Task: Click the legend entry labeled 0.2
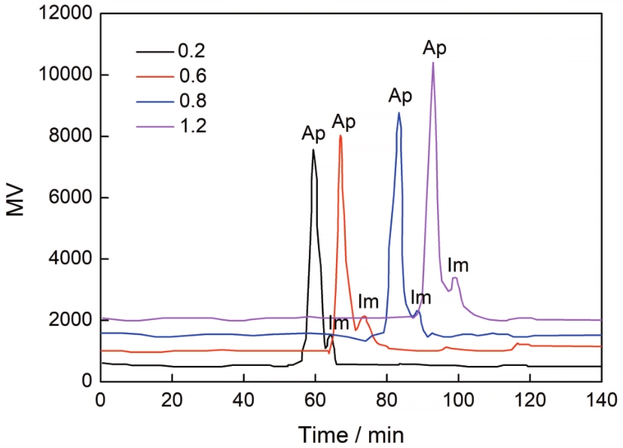tap(171, 51)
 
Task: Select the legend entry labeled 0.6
tap(171, 76)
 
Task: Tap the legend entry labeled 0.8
tap(171, 101)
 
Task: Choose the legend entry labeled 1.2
tap(171, 126)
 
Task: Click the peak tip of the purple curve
tap(433, 62)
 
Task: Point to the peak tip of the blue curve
tap(399, 113)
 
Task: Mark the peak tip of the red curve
tap(341, 136)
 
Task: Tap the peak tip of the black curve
tap(313, 150)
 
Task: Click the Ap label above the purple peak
tap(434, 48)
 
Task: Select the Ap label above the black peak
tap(313, 134)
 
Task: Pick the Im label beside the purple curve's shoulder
tap(458, 265)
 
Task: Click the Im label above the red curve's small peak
tap(368, 302)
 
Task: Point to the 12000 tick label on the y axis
tap(66, 14)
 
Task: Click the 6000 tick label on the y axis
tap(70, 197)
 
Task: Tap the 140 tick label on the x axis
tap(602, 400)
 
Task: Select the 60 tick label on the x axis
tap(315, 400)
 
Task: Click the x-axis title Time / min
tap(351, 434)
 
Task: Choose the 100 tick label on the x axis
tap(458, 400)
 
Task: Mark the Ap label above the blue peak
tap(400, 96)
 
